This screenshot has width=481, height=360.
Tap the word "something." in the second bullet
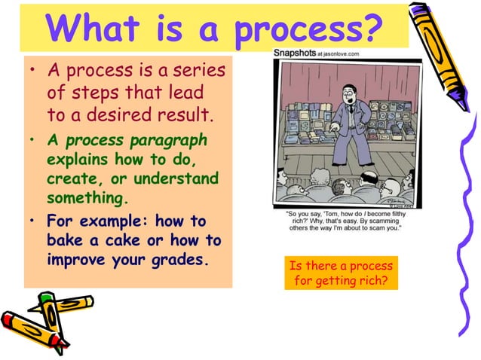[x=84, y=197]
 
